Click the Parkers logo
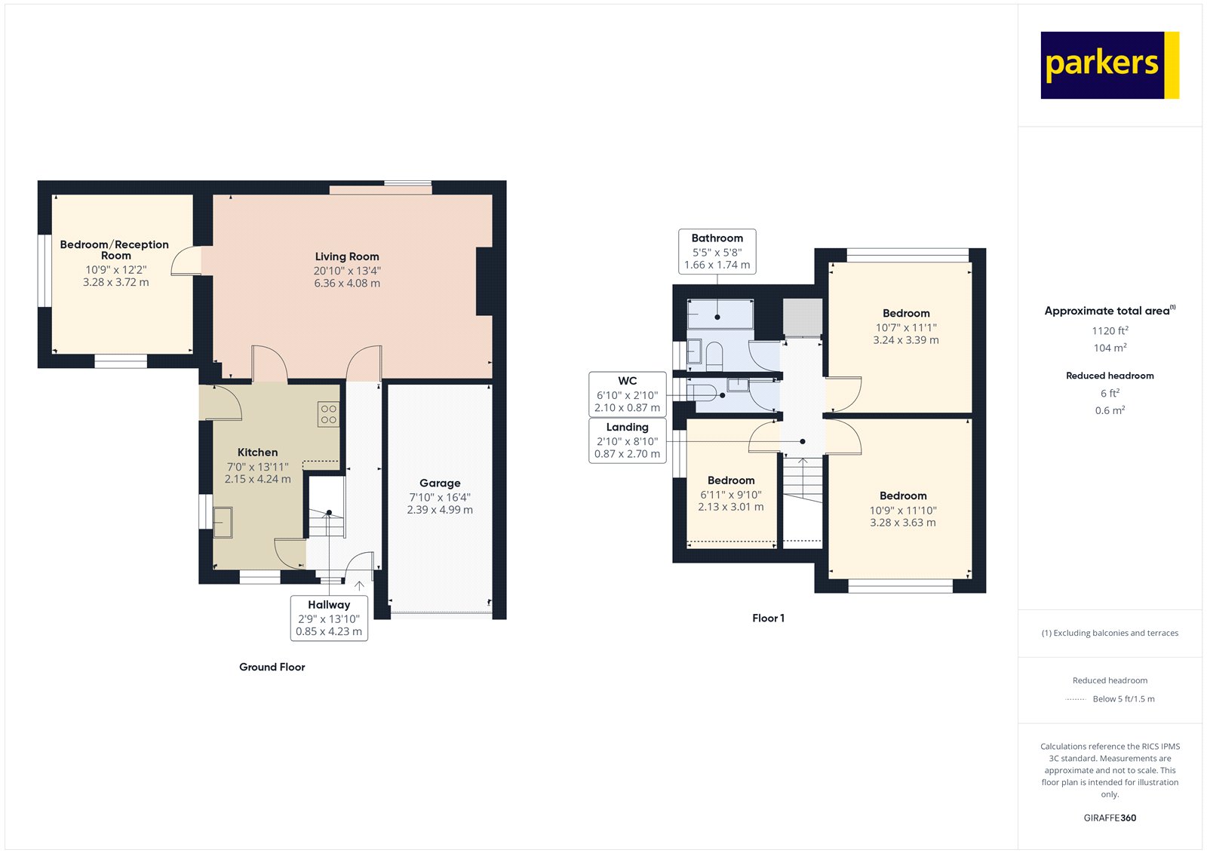tap(1109, 65)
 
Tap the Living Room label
tap(347, 256)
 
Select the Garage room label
tap(440, 483)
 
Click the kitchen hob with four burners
tap(328, 414)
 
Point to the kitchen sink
tap(223, 522)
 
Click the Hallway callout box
tap(329, 618)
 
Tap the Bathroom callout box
tap(717, 251)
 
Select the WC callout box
tap(627, 394)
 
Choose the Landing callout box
tap(627, 440)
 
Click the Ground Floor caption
tap(272, 667)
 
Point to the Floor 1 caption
tap(768, 618)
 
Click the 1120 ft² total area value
tap(1110, 330)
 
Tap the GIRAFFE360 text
tap(1110, 818)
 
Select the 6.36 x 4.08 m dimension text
tap(347, 284)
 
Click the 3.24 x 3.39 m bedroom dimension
tap(906, 340)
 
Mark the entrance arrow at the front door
tap(359, 585)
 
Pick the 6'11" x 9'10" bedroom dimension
tap(730, 495)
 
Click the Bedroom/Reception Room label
tap(115, 250)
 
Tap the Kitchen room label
tap(257, 453)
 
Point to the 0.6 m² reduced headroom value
tap(1110, 410)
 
